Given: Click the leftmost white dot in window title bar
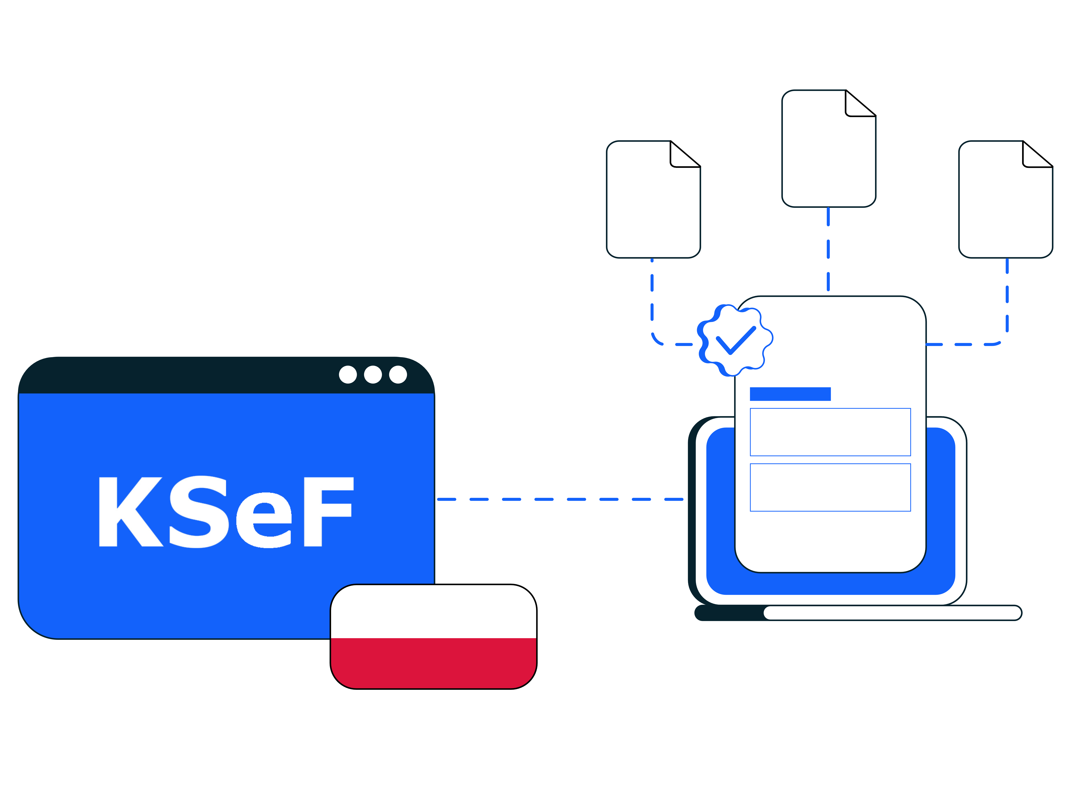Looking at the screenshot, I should coord(348,374).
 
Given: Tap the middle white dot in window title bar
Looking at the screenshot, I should coord(373,374).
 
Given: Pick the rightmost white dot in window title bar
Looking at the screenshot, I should coord(398,374).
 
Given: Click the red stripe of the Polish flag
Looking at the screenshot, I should coord(433,662).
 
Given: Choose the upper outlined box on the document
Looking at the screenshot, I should coord(830,432).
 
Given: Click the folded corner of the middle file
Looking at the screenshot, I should coord(857,105).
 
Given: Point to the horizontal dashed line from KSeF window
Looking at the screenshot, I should coord(560,499).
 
